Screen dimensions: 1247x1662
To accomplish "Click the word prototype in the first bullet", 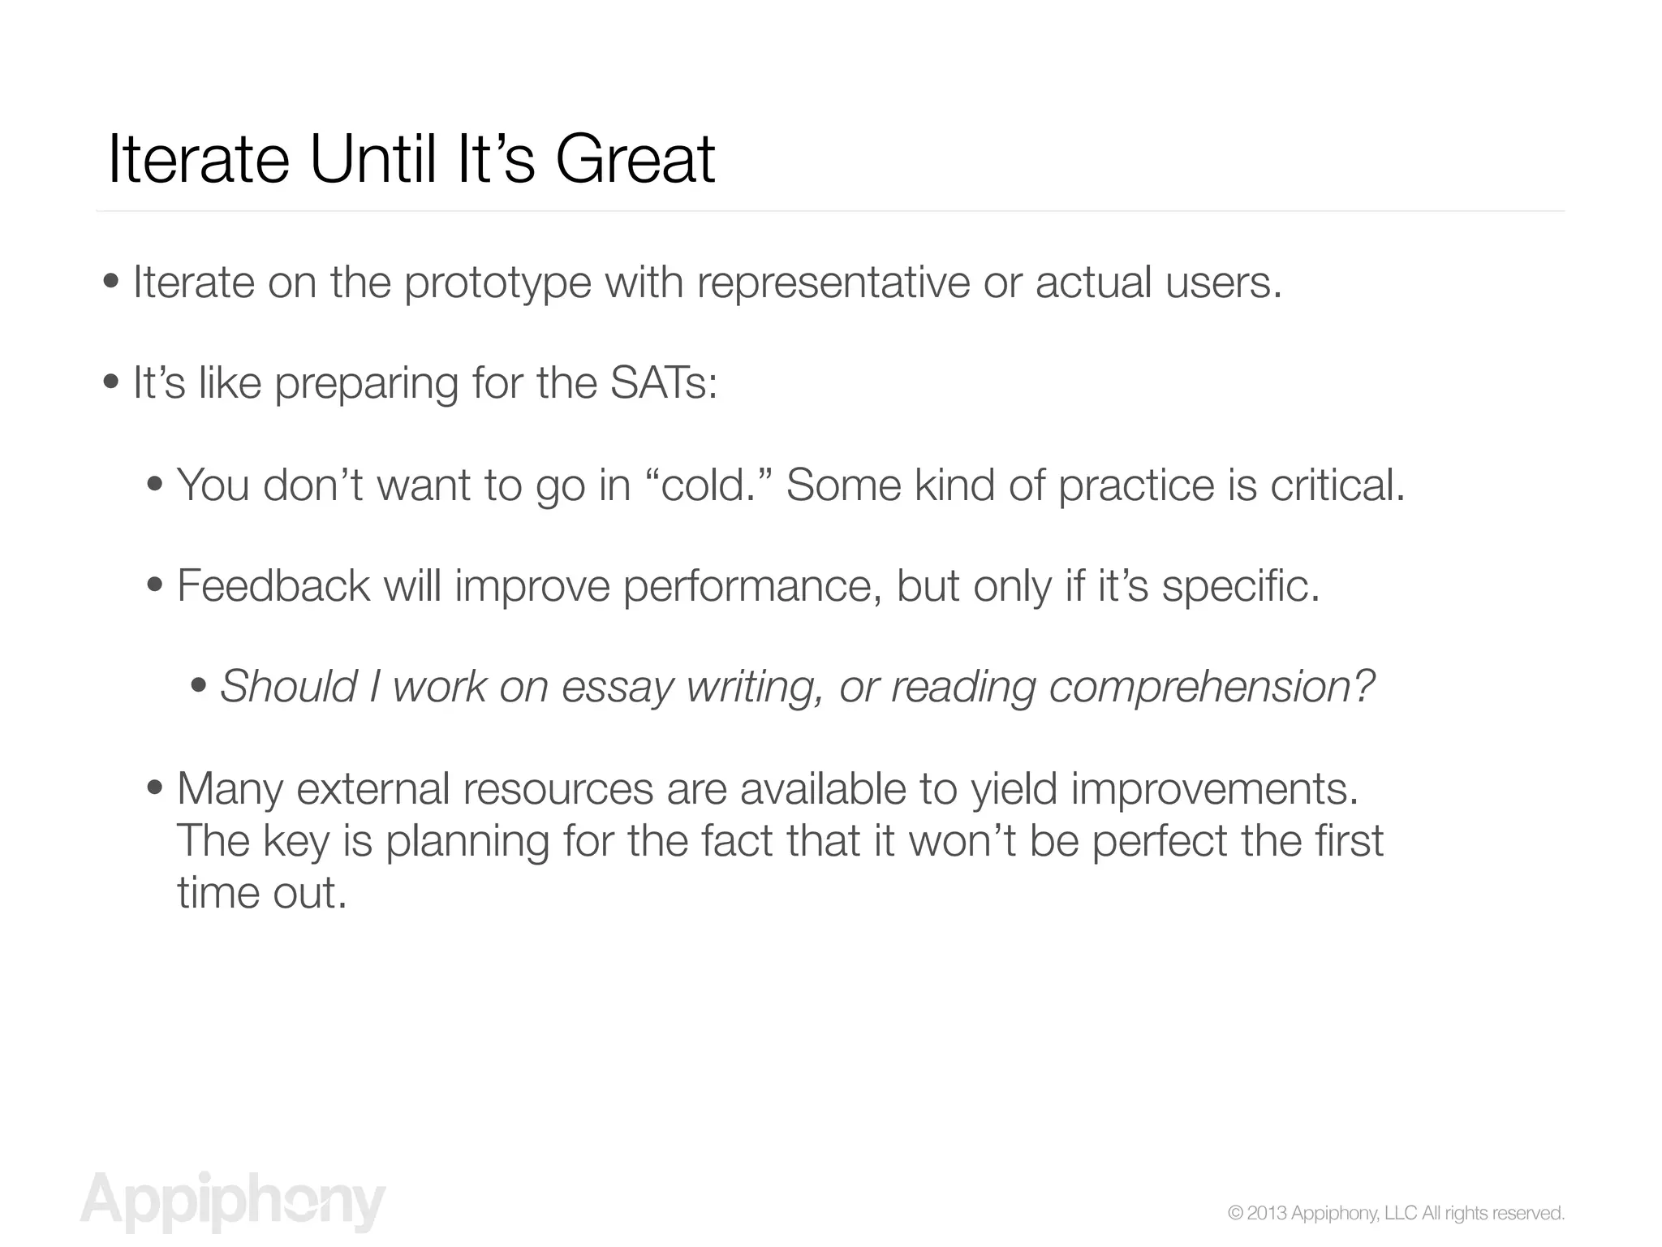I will (x=497, y=283).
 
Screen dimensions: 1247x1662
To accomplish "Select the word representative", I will (x=833, y=283).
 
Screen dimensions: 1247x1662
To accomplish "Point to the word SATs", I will (x=663, y=382).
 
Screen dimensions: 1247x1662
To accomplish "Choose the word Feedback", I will (x=273, y=585).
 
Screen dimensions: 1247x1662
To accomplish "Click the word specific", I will (x=1241, y=585).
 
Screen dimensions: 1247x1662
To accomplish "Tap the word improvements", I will (x=1215, y=788).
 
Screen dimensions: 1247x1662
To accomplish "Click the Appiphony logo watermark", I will (x=233, y=1202).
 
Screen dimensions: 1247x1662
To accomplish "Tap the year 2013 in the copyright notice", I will (x=1266, y=1214).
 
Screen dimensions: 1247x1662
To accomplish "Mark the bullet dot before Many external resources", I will (x=155, y=788).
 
